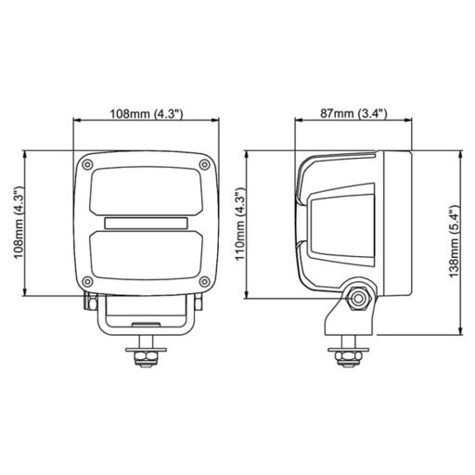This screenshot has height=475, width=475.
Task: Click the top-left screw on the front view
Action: click(x=86, y=164)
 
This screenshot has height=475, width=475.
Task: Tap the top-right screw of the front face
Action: click(x=207, y=164)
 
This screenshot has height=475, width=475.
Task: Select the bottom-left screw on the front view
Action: click(x=86, y=282)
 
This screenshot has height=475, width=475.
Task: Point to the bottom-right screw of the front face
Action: click(x=207, y=282)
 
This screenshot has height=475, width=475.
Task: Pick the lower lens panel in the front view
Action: click(x=147, y=255)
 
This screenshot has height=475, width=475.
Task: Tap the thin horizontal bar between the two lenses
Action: click(x=147, y=224)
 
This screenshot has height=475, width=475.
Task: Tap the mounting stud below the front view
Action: click(x=147, y=356)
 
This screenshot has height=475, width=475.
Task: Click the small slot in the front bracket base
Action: click(x=147, y=325)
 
